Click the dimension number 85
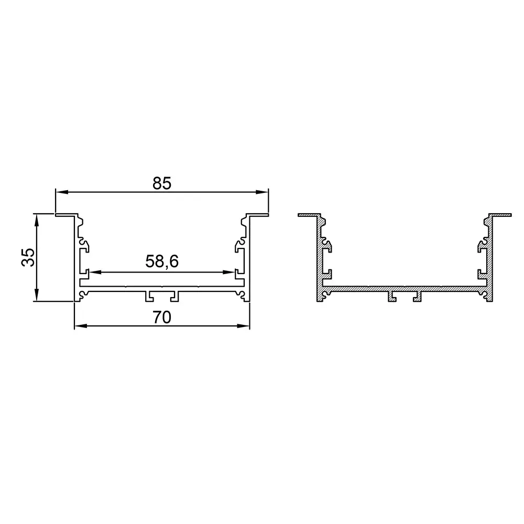pyautogui.click(x=162, y=183)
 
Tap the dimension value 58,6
pyautogui.click(x=162, y=261)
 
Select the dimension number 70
pyautogui.click(x=162, y=318)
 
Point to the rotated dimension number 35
pyautogui.click(x=28, y=257)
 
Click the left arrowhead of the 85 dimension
pyautogui.click(x=62, y=192)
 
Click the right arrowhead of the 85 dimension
pyautogui.click(x=262, y=192)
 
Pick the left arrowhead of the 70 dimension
pyautogui.click(x=81, y=326)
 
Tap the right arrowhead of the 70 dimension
pyautogui.click(x=243, y=326)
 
